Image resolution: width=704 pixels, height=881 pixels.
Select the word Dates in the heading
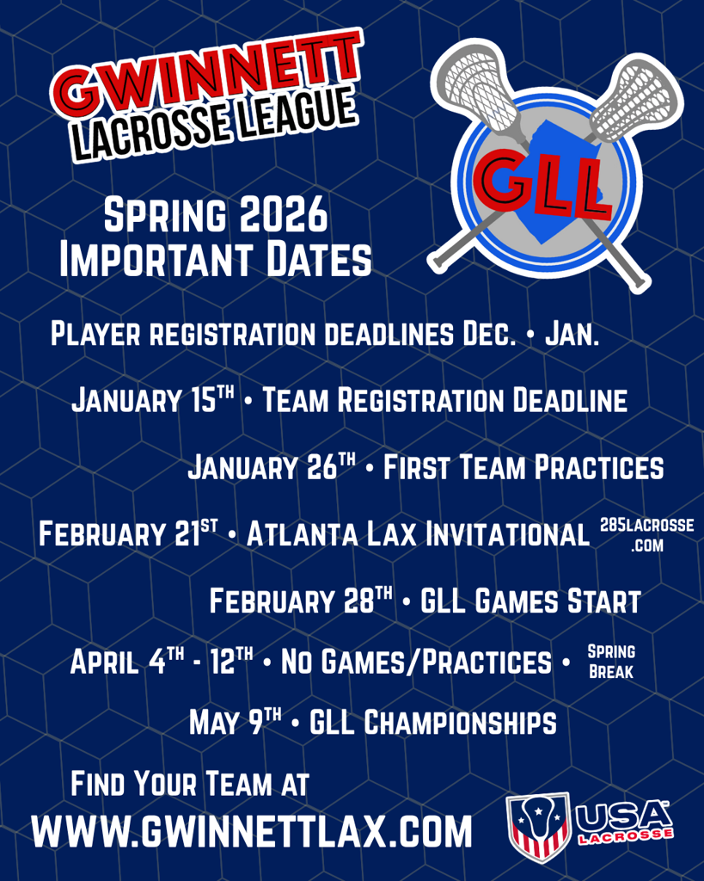click(319, 259)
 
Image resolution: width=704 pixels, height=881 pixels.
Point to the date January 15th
click(153, 399)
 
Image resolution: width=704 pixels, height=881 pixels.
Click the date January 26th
click(272, 466)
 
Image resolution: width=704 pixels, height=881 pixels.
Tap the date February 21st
click(128, 533)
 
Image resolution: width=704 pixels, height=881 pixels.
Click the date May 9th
click(236, 722)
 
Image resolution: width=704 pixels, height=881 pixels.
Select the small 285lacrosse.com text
click(646, 535)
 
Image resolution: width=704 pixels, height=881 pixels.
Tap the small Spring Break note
click(611, 662)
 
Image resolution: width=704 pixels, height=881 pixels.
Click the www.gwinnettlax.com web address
click(252, 832)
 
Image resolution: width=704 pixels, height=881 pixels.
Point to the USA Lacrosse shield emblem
click(539, 826)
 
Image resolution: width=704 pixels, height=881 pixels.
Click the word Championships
click(460, 722)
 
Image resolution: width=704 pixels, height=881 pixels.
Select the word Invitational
click(507, 533)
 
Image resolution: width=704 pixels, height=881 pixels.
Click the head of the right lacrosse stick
click(635, 98)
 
